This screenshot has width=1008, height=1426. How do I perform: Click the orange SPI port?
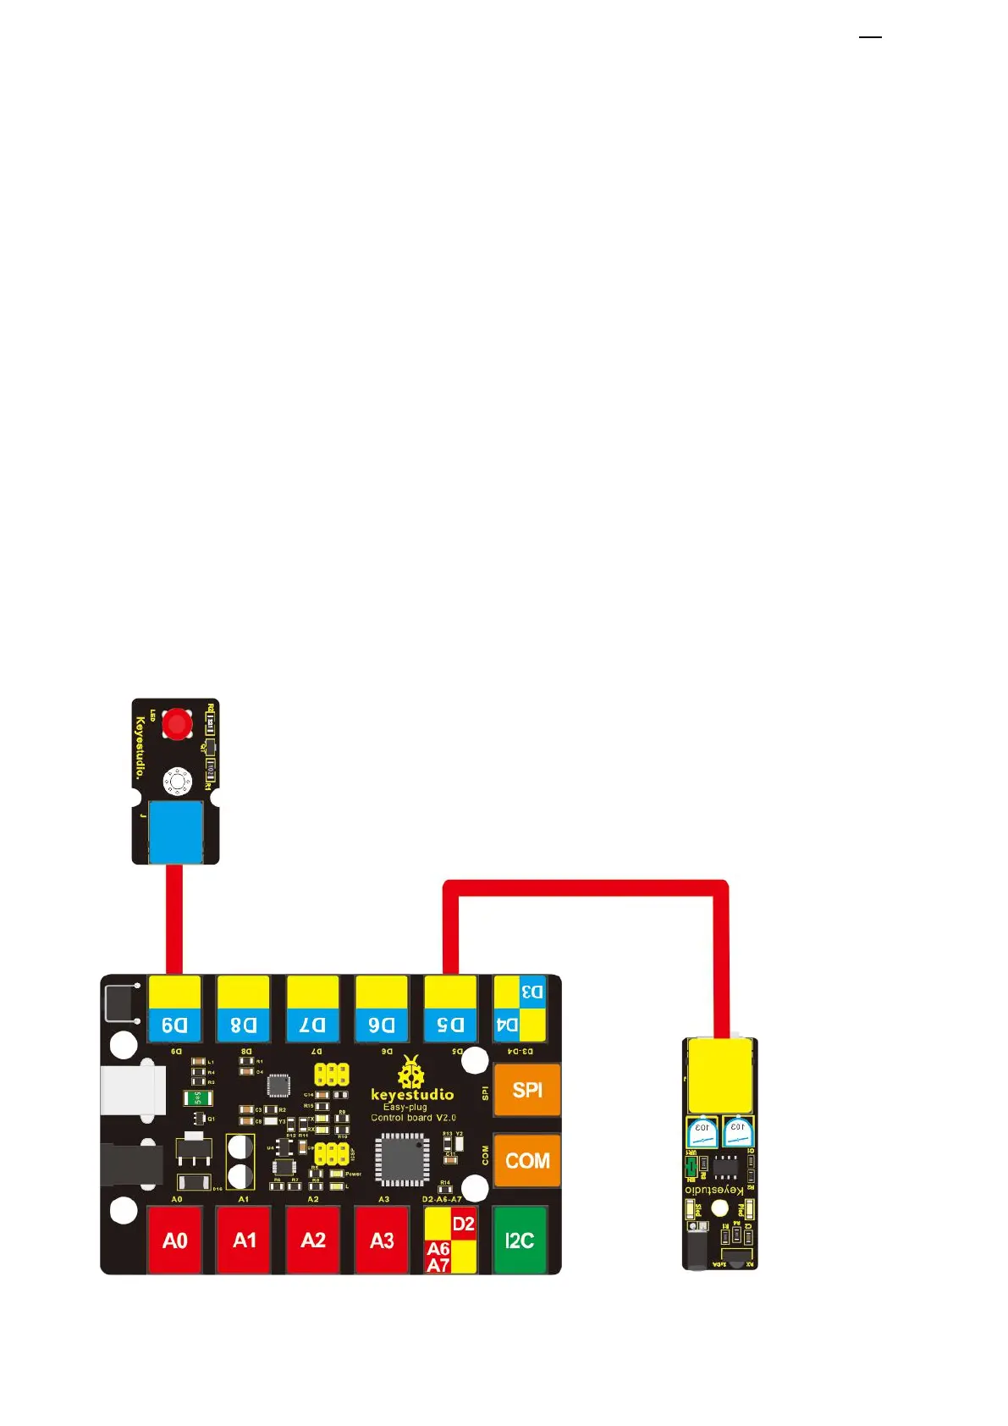(526, 1090)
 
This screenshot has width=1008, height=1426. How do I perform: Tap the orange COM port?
(526, 1160)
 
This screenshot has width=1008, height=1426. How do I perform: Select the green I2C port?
(520, 1240)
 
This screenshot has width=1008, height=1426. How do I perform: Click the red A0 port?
(174, 1240)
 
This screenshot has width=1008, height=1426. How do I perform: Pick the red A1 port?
(244, 1240)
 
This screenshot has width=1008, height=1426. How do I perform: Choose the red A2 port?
(313, 1240)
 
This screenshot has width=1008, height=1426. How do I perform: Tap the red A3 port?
(382, 1240)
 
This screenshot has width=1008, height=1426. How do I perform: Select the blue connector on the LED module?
(175, 831)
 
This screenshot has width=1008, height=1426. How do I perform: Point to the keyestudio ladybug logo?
(411, 1072)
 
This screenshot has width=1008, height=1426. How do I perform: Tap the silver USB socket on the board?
(131, 1090)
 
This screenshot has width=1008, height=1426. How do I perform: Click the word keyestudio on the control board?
(412, 1095)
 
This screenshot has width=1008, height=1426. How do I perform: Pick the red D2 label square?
(464, 1224)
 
